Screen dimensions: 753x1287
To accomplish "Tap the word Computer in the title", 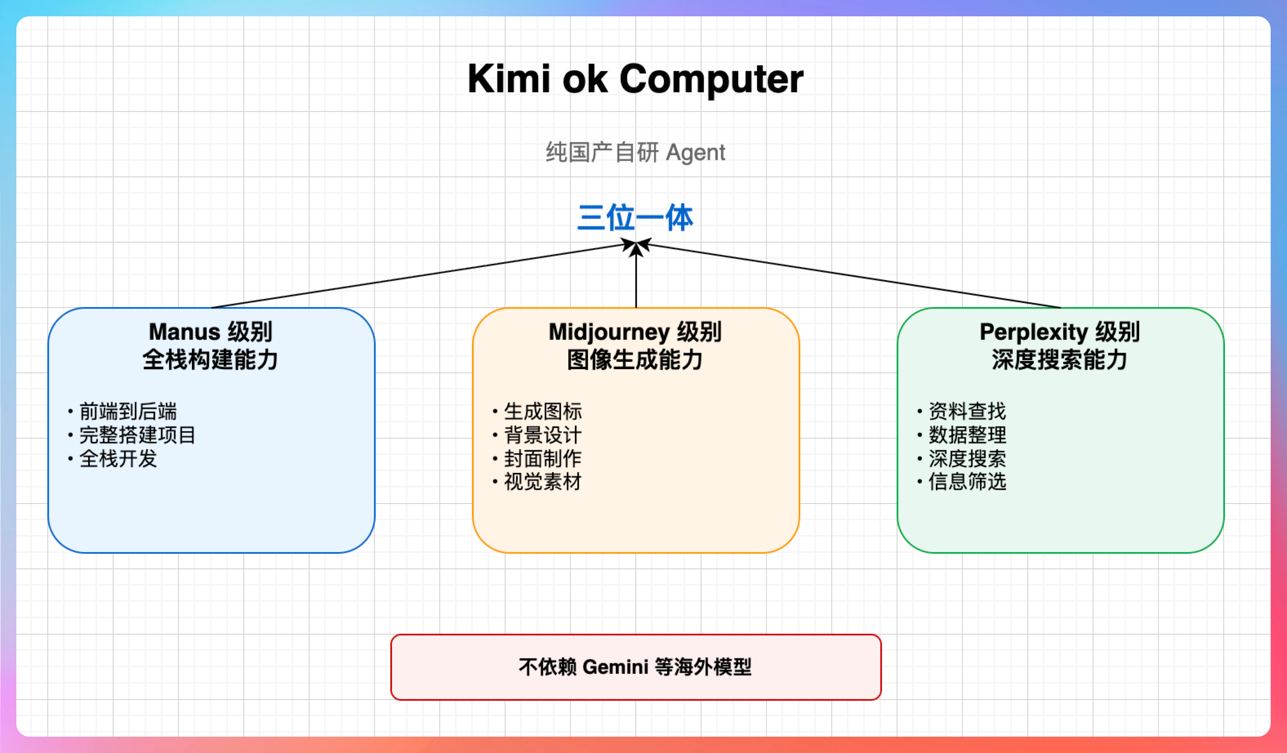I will click(711, 80).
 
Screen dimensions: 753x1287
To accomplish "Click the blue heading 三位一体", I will click(635, 218).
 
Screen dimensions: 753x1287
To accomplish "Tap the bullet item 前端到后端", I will click(128, 411).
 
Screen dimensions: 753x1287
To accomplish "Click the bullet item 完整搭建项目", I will click(137, 435).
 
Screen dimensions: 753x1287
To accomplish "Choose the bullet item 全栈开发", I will click(118, 459).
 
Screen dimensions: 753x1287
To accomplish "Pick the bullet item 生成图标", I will click(543, 411).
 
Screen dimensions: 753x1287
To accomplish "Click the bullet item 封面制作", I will click(543, 459).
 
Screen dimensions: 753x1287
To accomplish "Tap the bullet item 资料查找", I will click(967, 411).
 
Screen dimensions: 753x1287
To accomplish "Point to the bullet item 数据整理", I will click(967, 435).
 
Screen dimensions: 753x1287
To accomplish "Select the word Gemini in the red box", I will click(615, 667).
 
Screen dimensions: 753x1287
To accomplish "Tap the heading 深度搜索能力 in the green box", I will click(1060, 360).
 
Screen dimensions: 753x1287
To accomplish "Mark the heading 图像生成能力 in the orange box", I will click(635, 360).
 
